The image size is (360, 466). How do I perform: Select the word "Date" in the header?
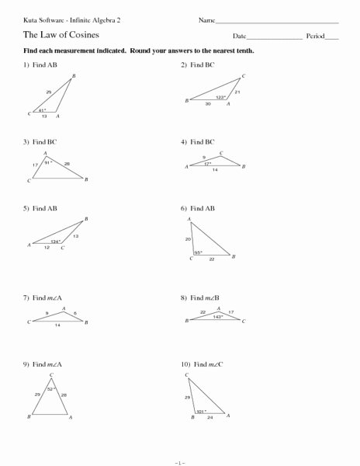[x=239, y=37]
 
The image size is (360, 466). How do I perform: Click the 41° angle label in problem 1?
[x=43, y=110]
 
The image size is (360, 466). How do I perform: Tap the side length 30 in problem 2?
[x=207, y=104]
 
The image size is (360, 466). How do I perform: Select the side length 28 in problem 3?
[x=67, y=163]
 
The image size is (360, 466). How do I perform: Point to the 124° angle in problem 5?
[x=55, y=241]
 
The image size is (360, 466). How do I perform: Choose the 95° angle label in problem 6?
[x=199, y=252]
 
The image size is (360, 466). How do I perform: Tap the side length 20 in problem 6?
[x=188, y=238]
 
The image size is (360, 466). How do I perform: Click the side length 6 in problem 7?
[x=75, y=312]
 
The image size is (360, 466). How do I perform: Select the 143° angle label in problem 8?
[x=219, y=316]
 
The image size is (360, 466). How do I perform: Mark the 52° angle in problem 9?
[x=52, y=388]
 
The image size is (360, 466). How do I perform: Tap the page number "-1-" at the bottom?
[x=179, y=459]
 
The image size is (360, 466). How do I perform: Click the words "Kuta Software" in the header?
[x=35, y=19]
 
